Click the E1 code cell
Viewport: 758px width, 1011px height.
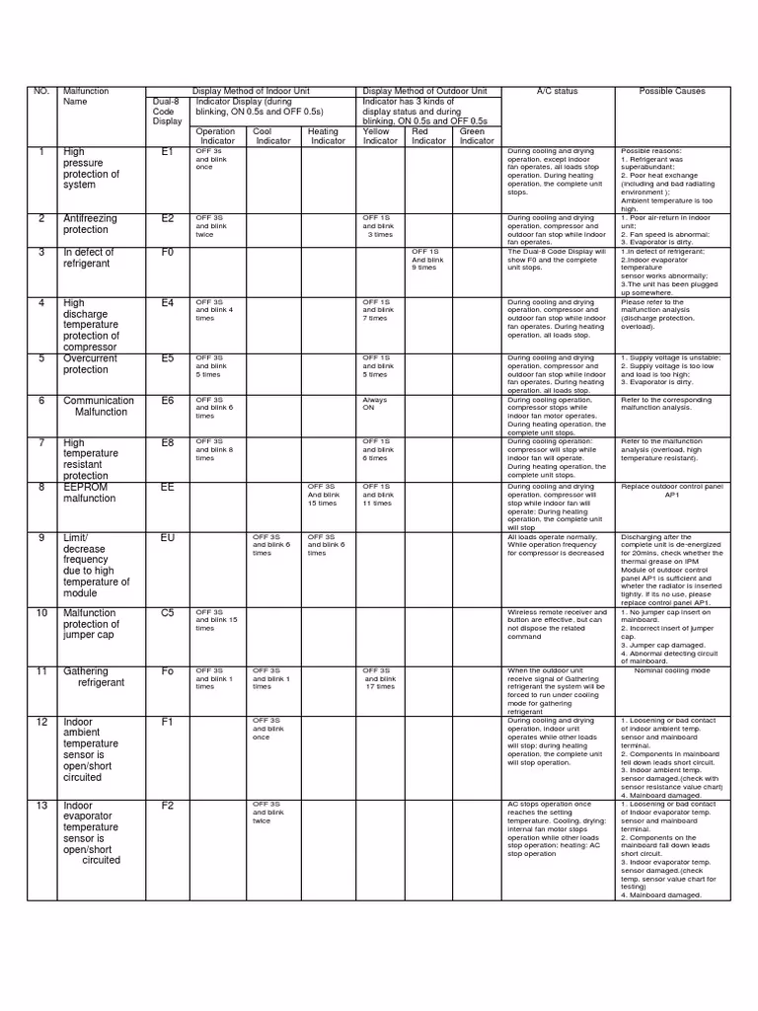pyautogui.click(x=167, y=152)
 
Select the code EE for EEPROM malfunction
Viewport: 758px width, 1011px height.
pyautogui.click(x=167, y=487)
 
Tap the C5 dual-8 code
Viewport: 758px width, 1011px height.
pyautogui.click(x=167, y=613)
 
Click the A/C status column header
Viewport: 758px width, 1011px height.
pyautogui.click(x=557, y=92)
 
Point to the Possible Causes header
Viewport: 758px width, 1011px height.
pyautogui.click(x=672, y=92)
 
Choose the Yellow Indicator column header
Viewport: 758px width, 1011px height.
pyautogui.click(x=376, y=136)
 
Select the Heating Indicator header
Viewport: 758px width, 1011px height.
pyautogui.click(x=327, y=136)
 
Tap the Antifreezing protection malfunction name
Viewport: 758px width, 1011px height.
pyautogui.click(x=90, y=224)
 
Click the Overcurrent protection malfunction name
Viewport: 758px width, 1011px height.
pyautogui.click(x=90, y=364)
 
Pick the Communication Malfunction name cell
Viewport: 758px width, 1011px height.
pyautogui.click(x=98, y=407)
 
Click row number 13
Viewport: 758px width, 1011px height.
pyautogui.click(x=41, y=806)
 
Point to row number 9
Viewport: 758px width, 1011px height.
pyautogui.click(x=41, y=537)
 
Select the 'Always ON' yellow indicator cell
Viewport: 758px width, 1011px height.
pyautogui.click(x=376, y=404)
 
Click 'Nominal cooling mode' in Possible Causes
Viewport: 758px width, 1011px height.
pyautogui.click(x=672, y=671)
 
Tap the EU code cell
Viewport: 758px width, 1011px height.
pyautogui.click(x=167, y=537)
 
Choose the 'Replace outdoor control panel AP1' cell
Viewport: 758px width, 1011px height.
pyautogui.click(x=672, y=491)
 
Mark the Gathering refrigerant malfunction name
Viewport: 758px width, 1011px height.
pyautogui.click(x=94, y=677)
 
